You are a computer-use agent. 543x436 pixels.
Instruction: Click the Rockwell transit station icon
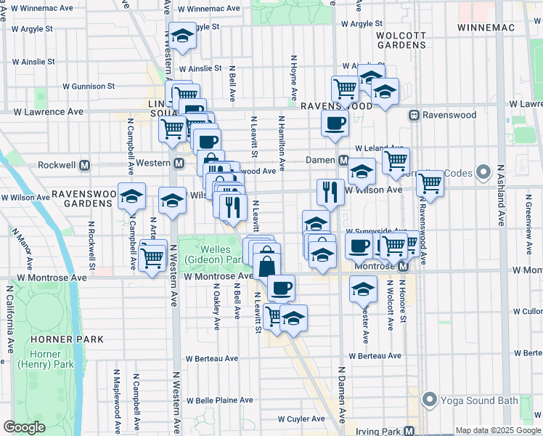(x=85, y=165)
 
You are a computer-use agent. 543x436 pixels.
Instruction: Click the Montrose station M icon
(x=404, y=267)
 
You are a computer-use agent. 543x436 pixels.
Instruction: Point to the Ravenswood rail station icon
(x=415, y=115)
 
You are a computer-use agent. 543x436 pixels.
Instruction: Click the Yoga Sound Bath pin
(x=430, y=400)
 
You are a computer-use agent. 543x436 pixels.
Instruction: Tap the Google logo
(x=25, y=427)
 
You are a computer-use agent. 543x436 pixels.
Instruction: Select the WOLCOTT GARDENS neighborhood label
(x=401, y=39)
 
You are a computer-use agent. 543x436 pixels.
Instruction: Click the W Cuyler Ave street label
(x=303, y=419)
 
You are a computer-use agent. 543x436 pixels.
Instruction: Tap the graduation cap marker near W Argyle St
(x=182, y=35)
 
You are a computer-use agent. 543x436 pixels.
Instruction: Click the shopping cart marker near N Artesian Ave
(x=152, y=256)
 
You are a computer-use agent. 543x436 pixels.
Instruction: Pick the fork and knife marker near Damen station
(x=330, y=192)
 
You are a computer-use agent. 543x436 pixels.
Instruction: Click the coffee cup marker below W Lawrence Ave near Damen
(x=335, y=123)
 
